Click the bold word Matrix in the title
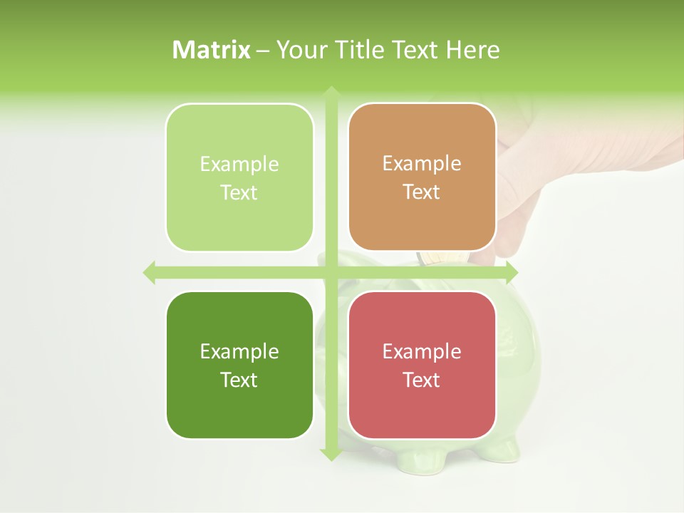point(212,50)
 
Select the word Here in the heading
point(473,50)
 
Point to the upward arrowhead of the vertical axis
point(331,93)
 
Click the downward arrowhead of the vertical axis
point(331,453)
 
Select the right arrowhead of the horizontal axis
point(511,271)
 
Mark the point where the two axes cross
point(331,271)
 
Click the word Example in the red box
point(422,351)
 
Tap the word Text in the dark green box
point(239,380)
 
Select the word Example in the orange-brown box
point(422,163)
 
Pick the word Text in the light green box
point(239,192)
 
